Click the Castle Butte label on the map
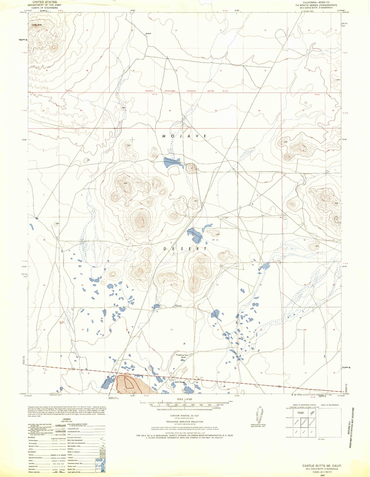tap(36, 25)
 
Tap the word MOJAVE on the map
tap(184, 136)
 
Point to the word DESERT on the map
tap(185, 249)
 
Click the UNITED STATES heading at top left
tap(43, 2)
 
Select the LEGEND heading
tap(67, 419)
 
